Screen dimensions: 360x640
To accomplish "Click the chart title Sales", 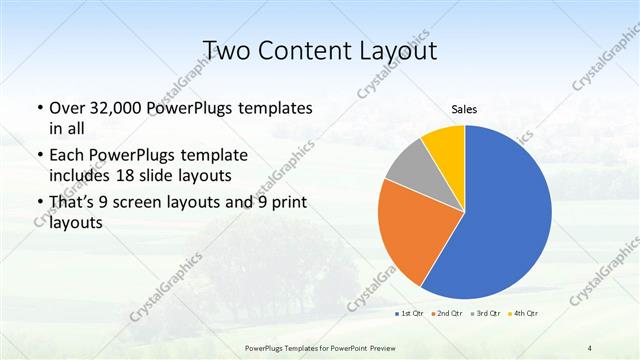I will (x=464, y=109).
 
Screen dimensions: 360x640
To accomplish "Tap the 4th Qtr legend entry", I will (x=524, y=315).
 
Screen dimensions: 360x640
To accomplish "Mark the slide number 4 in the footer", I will (x=590, y=347).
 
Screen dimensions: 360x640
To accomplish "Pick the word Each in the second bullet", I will (x=67, y=155).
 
